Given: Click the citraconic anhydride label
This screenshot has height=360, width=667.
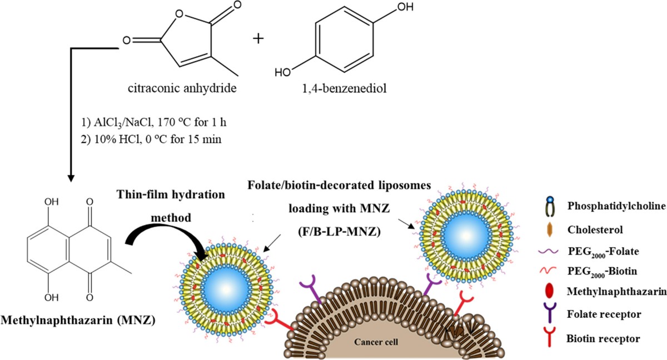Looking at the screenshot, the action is point(182,88).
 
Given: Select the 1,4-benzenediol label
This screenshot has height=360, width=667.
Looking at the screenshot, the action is point(344,88).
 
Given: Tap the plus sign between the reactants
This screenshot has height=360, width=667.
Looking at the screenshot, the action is point(258,39).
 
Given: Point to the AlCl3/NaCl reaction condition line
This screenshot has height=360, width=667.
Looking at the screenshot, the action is point(154,123).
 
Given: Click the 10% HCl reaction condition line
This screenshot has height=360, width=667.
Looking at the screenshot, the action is point(151,139).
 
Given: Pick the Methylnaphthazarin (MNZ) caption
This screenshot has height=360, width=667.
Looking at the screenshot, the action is point(78,320).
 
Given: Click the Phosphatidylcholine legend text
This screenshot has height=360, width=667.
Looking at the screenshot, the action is point(616,206).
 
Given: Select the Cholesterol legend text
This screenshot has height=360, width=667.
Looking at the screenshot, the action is point(595,229).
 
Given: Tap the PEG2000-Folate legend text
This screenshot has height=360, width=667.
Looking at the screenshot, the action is point(603,252).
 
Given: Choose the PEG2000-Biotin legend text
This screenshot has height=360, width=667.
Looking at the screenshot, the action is point(602,271).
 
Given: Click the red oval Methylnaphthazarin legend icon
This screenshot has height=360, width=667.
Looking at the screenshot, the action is point(549,291).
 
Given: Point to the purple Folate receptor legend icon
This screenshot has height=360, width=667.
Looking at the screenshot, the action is point(549,312).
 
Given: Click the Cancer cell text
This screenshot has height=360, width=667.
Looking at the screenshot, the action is point(376,342).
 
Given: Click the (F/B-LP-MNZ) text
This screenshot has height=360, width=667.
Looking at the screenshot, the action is point(339,231).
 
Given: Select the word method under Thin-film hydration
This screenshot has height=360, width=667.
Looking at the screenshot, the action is point(171,218).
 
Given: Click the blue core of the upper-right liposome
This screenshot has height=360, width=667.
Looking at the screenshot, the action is point(466,236).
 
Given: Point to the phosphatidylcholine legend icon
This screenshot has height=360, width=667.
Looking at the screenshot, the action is point(550,207).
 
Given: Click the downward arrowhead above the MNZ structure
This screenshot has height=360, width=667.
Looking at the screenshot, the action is point(71,178).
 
